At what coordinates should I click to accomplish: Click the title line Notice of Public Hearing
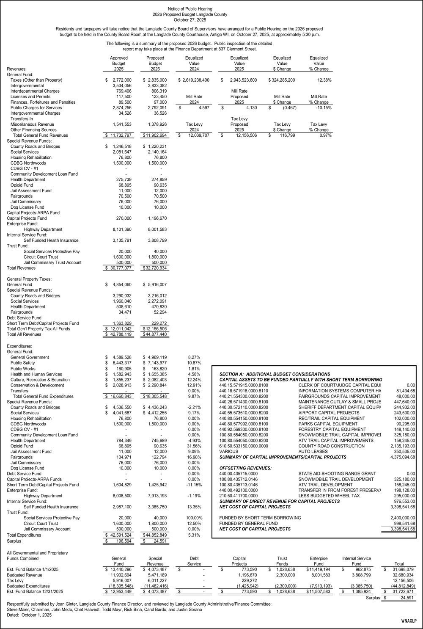[x=190, y=9]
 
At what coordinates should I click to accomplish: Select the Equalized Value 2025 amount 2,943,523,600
[x=242, y=80]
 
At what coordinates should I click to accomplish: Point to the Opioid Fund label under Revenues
[x=22, y=185]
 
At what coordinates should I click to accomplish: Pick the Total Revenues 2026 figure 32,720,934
[x=156, y=268]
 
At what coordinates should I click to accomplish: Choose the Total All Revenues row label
[x=24, y=334]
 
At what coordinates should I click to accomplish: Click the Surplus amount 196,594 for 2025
[x=122, y=541]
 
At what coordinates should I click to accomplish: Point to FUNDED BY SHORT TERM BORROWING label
[x=260, y=518]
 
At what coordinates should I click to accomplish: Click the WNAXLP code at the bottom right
[x=409, y=621]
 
